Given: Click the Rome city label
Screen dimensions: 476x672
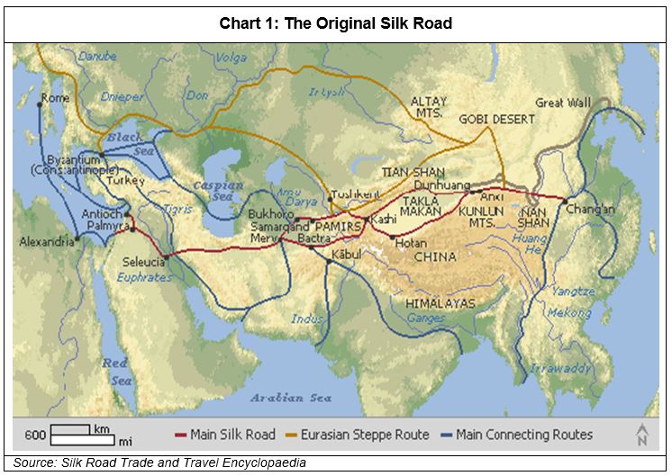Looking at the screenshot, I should (x=55, y=97).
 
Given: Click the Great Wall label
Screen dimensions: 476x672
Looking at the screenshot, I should (x=563, y=103).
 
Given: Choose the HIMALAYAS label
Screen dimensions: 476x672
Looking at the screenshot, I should (x=440, y=304).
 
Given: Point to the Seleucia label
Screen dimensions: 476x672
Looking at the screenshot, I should (x=144, y=262).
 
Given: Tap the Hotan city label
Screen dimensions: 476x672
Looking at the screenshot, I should (x=410, y=244).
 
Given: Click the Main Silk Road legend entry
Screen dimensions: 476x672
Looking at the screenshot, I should (x=227, y=435).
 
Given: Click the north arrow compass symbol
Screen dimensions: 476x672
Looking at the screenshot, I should (x=641, y=435).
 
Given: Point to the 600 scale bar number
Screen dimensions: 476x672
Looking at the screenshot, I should (x=35, y=436).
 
